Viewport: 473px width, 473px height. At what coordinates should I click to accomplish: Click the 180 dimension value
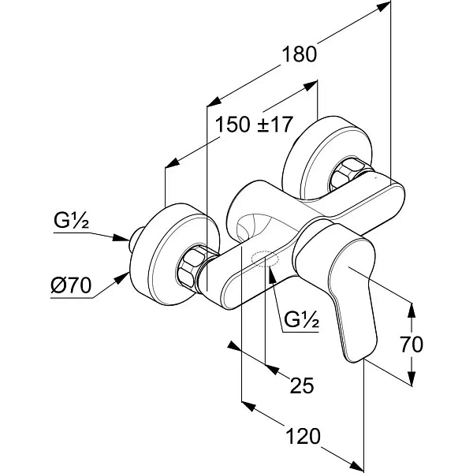(x=300, y=54)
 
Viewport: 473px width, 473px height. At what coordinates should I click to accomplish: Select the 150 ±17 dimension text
(x=254, y=125)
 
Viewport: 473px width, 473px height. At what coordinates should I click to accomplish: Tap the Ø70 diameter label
(x=71, y=285)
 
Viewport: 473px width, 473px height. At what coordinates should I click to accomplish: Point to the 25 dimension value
(x=302, y=385)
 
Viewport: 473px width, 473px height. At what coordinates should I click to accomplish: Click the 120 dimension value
(x=303, y=436)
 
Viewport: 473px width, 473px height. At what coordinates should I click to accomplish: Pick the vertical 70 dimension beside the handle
(x=412, y=345)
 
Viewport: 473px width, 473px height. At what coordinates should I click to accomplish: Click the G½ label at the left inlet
(x=71, y=221)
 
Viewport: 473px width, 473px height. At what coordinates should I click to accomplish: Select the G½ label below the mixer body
(x=301, y=320)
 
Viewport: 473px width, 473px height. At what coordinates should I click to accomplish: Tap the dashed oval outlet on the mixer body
(x=265, y=259)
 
